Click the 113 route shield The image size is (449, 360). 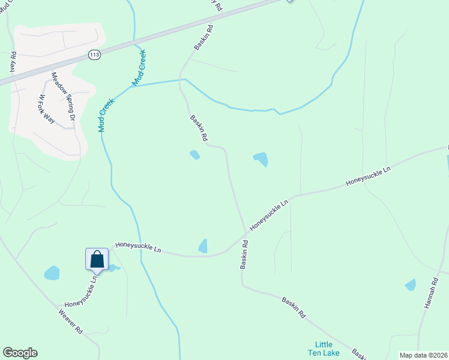point(94,55)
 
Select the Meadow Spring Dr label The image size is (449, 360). point(62,97)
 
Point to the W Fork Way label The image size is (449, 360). point(47,109)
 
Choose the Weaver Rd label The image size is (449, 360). point(71,322)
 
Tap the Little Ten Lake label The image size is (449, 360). point(324,349)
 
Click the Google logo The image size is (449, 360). point(20,353)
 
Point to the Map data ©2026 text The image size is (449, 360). point(423,355)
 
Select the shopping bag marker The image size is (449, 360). point(97,260)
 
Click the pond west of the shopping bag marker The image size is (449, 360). point(52,273)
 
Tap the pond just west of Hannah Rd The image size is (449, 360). point(411,285)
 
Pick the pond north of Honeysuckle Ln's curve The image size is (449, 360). point(203,246)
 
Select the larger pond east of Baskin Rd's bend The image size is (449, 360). point(261,159)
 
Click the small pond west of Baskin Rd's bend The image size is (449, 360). point(194,155)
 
